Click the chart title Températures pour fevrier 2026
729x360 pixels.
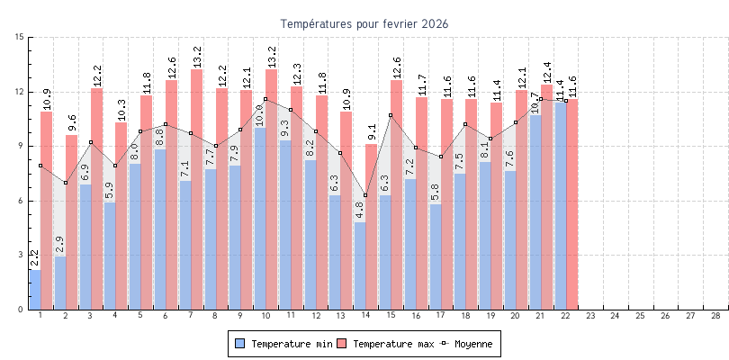coord(364,23)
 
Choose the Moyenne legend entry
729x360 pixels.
coord(472,344)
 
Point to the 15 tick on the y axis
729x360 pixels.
coord(20,38)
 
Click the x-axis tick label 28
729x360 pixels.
coord(715,317)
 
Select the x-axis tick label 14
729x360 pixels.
coord(365,317)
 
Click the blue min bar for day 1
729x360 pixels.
coord(35,290)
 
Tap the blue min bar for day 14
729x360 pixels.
coord(360,266)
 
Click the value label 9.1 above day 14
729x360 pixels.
coord(372,132)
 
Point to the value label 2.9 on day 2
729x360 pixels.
coord(59,245)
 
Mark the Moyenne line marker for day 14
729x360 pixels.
coord(365,195)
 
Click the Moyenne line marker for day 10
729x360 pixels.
coord(265,99)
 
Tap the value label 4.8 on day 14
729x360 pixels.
coord(360,211)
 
